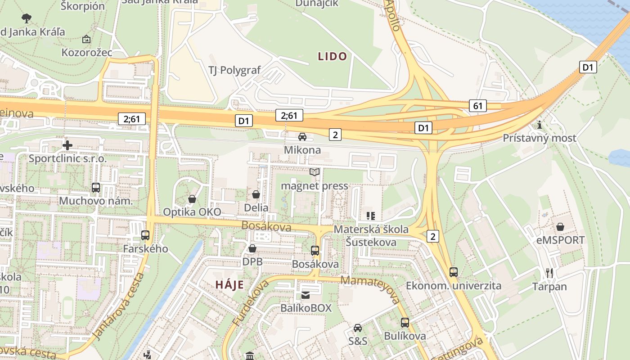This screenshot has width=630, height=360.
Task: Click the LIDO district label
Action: pos(333,56)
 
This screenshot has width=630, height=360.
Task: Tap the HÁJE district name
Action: pos(229,284)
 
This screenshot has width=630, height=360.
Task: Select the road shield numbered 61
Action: pos(478,106)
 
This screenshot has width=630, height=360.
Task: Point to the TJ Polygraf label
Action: pos(234,70)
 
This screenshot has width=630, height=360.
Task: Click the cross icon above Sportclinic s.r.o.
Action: pos(67,145)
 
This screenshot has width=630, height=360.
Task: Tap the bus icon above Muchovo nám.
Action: pos(96,188)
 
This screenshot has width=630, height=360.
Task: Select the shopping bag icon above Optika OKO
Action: pos(192,199)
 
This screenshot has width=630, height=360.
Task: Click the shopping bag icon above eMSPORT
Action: pos(560,227)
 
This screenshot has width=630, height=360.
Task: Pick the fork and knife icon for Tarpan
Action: pos(549,273)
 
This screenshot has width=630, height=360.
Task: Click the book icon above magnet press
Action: pos(315,172)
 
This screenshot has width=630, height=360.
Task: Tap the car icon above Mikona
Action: pos(302,137)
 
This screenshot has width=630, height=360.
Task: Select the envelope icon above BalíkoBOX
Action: pos(306,295)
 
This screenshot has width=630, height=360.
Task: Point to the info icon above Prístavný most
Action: pos(540,125)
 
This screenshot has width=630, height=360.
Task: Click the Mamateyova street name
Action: pos(371,289)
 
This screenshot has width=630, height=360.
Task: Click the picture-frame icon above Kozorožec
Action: pos(86,40)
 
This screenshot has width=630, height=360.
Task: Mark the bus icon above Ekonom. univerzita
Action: pos(454,272)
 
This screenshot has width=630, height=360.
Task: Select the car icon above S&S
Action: pos(358,328)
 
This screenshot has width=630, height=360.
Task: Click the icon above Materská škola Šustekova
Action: pos(371,216)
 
